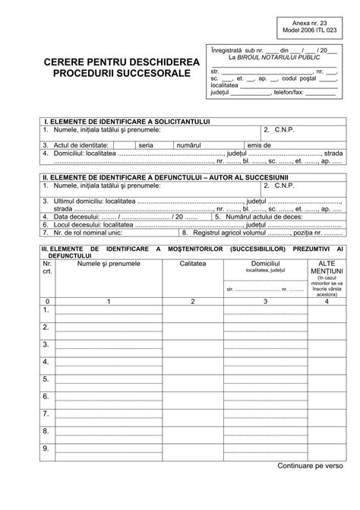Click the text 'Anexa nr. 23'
317,24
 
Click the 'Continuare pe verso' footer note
311,486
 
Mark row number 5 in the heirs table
47,380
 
